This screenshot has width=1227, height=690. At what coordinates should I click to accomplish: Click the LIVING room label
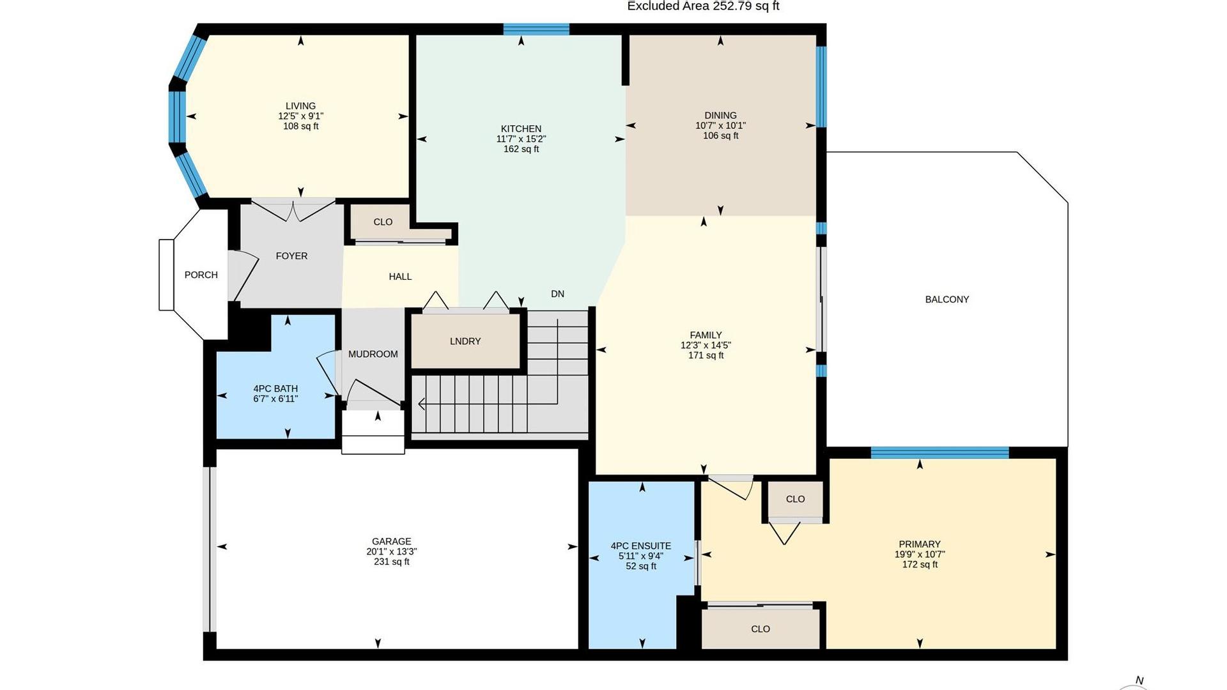pos(300,106)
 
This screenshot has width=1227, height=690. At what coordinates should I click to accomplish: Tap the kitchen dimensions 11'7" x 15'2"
pos(521,139)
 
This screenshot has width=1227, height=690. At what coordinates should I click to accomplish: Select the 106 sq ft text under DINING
pos(720,135)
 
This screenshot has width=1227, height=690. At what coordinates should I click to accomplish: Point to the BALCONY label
pos(947,299)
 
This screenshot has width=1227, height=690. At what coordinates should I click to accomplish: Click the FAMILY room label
pos(706,335)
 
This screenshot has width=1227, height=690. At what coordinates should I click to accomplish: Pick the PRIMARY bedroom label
pos(920,544)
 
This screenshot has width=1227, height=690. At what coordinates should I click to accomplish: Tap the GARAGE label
pos(392,541)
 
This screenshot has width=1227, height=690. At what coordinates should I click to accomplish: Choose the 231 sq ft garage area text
pos(392,562)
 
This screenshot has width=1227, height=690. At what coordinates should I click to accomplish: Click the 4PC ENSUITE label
pos(641,546)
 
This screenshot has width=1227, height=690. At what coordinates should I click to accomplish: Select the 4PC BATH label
pos(275,388)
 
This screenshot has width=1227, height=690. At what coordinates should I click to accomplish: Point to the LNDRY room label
pos(465,341)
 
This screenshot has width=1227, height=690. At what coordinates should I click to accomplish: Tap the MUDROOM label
pos(373,354)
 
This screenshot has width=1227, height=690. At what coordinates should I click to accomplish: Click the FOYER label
pos(291,256)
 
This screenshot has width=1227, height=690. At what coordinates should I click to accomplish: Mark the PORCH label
pos(201,275)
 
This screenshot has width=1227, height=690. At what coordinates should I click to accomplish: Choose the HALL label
pos(400,277)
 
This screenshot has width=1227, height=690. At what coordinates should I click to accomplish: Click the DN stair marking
pos(558,294)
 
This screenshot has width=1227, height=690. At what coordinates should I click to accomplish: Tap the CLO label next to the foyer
pos(383,222)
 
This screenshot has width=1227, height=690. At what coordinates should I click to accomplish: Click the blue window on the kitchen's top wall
pos(536,29)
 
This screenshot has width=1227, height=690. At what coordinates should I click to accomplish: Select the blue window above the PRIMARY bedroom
pos(939,453)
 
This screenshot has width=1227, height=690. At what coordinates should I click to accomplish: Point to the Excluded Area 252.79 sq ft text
pos(703,6)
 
